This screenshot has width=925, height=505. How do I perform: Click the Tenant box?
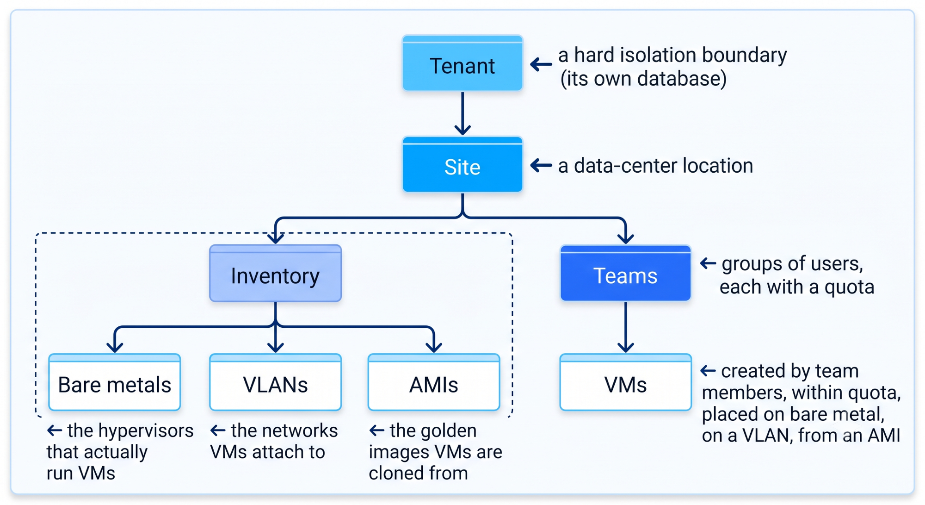[x=462, y=63]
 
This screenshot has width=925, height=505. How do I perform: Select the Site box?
[x=462, y=164]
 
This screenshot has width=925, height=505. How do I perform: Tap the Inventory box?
[x=276, y=274]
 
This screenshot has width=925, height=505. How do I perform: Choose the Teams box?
[x=625, y=273]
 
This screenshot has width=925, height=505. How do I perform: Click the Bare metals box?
[x=115, y=382]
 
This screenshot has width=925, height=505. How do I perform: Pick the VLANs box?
[x=276, y=382]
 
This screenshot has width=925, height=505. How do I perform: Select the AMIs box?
[x=434, y=382]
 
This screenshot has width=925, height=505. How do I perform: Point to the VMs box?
[x=625, y=382]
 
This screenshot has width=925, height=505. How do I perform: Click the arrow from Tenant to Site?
[x=462, y=113]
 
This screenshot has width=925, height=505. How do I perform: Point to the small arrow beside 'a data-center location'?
[x=541, y=165]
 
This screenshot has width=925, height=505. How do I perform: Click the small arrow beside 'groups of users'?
[x=708, y=264]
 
